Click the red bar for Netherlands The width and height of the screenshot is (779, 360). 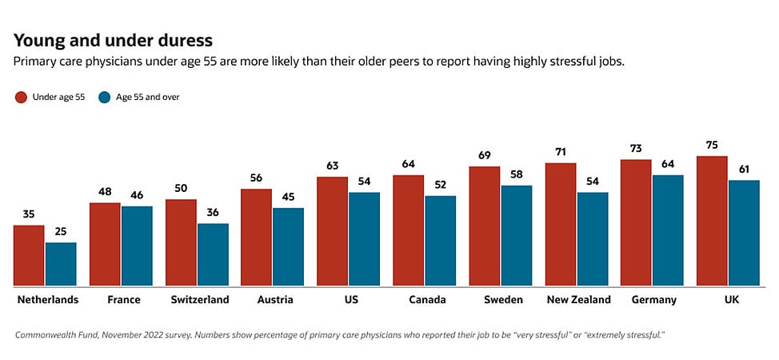coord(29,256)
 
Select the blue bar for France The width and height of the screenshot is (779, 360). coord(137,246)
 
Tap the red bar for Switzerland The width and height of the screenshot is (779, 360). coord(181,243)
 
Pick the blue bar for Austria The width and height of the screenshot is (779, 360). coord(288,247)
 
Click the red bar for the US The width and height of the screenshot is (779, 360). coord(333,232)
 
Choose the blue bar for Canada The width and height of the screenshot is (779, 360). coord(440,241)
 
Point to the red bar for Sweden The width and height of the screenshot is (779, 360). coord(485,226)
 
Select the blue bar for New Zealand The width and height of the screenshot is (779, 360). coord(592,239)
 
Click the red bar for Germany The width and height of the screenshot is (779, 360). coord(636,223)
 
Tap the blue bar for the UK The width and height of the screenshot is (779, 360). coord(743,233)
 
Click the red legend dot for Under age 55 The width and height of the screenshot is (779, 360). coord(21,98)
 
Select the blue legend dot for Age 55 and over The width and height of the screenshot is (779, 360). coord(103,98)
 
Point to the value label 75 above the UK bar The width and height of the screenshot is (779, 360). coord(712,145)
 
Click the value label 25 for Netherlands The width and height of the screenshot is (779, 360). coord(60,231)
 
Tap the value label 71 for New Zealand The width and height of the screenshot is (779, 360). coord(560,151)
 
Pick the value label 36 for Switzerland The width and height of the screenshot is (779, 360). coord(212,212)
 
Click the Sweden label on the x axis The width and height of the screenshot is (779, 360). coord(503,300)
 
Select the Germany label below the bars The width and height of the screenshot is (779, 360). coord(653,300)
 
